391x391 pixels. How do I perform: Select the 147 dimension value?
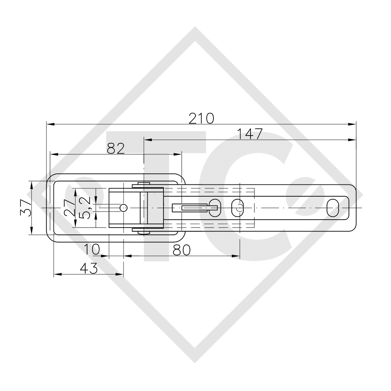[x=250, y=134]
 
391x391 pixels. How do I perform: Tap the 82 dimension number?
[x=116, y=149]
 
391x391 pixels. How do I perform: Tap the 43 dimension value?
[x=89, y=268]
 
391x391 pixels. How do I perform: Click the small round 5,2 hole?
[x=123, y=207]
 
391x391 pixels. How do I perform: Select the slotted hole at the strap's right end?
[x=333, y=207]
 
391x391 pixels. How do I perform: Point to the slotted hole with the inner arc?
[x=238, y=207]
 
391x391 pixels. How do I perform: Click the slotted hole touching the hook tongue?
[x=215, y=207]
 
